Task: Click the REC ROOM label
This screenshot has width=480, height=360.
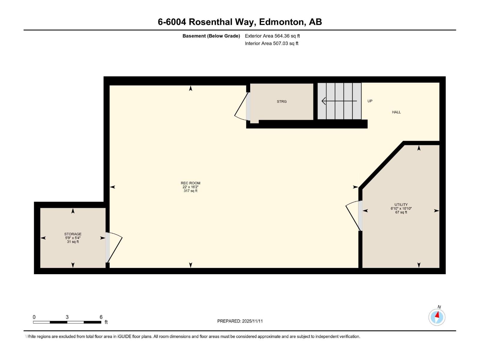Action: [190, 183]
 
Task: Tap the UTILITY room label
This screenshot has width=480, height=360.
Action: [401, 205]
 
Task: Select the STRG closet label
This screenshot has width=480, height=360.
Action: [281, 102]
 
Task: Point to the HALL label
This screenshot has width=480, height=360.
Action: [396, 112]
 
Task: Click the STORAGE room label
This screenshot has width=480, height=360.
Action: [73, 234]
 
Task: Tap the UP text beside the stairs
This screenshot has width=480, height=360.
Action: [370, 101]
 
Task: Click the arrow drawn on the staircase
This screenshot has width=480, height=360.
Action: [339, 101]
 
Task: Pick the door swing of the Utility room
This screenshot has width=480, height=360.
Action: [352, 216]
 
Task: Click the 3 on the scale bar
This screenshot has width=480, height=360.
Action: [67, 317]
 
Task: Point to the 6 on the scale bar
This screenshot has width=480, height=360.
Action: [101, 317]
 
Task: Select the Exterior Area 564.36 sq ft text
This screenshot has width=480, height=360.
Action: [272, 36]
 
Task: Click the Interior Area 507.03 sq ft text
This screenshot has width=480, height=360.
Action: [271, 43]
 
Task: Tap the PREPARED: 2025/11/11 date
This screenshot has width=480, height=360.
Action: [240, 321]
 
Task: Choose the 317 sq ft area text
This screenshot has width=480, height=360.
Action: [190, 191]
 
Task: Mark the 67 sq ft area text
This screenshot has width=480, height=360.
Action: [401, 212]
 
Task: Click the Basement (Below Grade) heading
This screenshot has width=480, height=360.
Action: [211, 36]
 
